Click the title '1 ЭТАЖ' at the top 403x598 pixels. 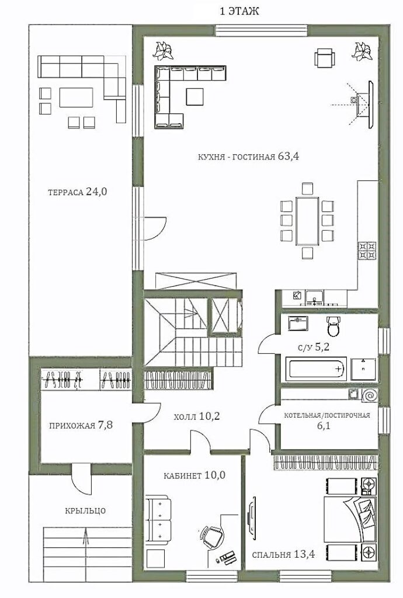[239, 12]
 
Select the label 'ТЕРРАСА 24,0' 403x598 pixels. [78, 192]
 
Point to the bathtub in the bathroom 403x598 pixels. [316, 368]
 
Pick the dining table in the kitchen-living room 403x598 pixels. [307, 221]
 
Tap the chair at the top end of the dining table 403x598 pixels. [307, 189]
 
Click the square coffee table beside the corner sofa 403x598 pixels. [195, 96]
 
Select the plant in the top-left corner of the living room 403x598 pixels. [163, 50]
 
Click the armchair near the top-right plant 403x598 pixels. [325, 58]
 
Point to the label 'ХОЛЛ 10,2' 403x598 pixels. [196, 416]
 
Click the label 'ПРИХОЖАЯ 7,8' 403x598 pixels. [81, 425]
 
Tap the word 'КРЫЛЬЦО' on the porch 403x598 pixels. [85, 510]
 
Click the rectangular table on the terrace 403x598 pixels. [77, 98]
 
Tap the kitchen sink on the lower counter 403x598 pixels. [315, 297]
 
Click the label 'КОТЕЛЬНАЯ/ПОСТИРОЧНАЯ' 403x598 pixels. [327, 415]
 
